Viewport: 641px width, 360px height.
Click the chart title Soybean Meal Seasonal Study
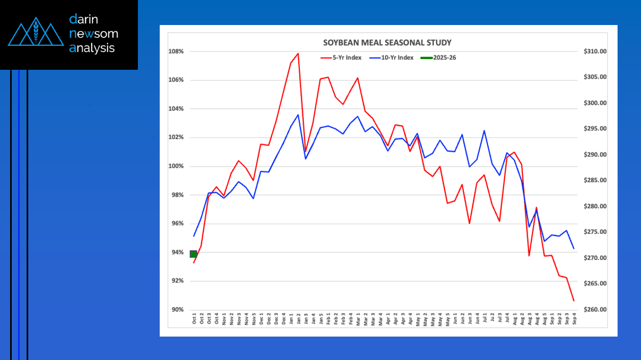click(x=388, y=43)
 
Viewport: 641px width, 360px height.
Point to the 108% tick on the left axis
click(x=176, y=52)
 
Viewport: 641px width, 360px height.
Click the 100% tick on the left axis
click(x=176, y=166)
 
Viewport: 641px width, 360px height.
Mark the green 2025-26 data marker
click(x=193, y=254)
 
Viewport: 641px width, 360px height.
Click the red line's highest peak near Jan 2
click(x=298, y=53)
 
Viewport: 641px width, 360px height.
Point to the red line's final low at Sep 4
click(x=573, y=301)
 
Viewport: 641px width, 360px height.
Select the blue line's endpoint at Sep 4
click(x=573, y=249)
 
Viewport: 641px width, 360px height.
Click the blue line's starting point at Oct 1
click(x=194, y=236)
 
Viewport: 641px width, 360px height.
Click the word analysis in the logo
click(x=92, y=48)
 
